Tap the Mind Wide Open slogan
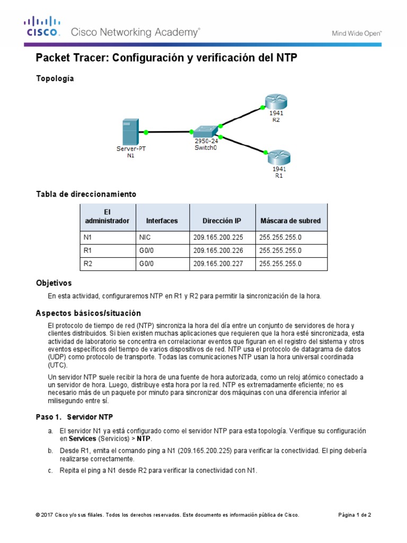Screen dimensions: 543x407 tap(357, 33)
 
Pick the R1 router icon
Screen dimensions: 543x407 tap(278, 156)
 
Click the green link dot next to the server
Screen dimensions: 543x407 tap(145, 132)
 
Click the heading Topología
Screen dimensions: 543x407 tap(55, 78)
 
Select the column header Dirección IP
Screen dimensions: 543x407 tap(222, 221)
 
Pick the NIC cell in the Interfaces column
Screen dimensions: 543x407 tap(145, 238)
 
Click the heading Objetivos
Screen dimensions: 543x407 tap(54, 283)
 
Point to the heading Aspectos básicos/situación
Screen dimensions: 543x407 tap(88, 313)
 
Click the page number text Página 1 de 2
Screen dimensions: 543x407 tap(355, 514)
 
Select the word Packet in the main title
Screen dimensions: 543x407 tap(52, 58)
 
